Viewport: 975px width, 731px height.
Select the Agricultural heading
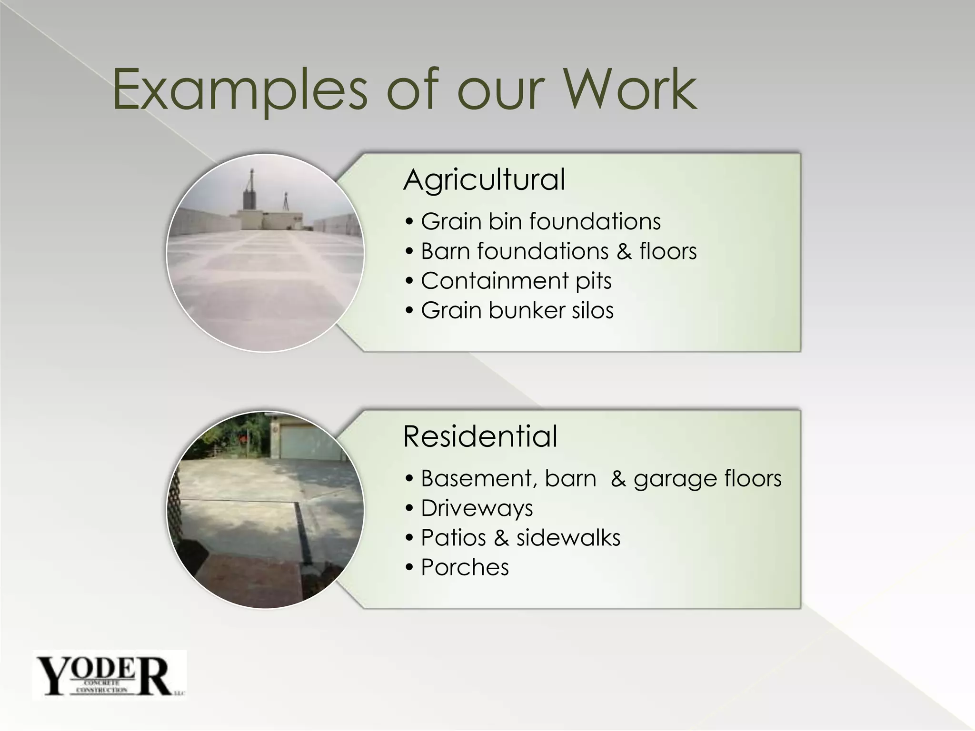(x=484, y=179)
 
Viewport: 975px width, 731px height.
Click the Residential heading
(x=480, y=436)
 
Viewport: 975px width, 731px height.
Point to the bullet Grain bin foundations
(x=541, y=222)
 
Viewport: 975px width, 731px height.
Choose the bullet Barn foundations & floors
(x=558, y=251)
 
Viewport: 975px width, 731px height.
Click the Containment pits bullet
(x=516, y=281)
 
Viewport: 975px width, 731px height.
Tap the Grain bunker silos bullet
(x=517, y=310)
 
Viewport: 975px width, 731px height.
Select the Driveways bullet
(x=477, y=508)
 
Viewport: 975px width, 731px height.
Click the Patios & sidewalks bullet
(x=520, y=538)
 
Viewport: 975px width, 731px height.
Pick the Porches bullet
(x=465, y=567)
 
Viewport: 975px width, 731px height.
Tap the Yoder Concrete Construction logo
(x=109, y=675)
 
